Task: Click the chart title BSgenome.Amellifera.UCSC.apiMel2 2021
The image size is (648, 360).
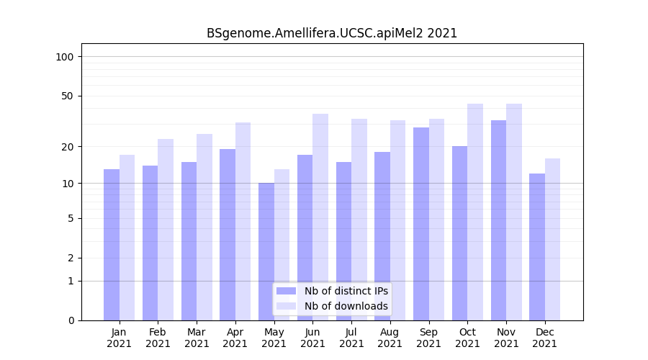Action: pyautogui.click(x=332, y=33)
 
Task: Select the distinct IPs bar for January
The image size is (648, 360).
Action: pyautogui.click(x=112, y=245)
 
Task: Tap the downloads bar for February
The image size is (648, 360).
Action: pyautogui.click(x=166, y=230)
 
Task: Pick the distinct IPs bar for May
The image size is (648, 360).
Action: pyautogui.click(x=266, y=251)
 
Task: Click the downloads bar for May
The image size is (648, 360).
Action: pyautogui.click(x=282, y=245)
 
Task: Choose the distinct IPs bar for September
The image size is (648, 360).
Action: pyautogui.click(x=421, y=224)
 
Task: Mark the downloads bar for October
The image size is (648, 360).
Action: pyautogui.click(x=475, y=212)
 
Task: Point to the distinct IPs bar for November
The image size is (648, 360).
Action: pyautogui.click(x=498, y=220)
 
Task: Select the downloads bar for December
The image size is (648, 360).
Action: pyautogui.click(x=552, y=239)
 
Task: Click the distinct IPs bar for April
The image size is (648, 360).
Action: pyautogui.click(x=228, y=235)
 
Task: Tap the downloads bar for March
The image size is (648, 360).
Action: pyautogui.click(x=204, y=227)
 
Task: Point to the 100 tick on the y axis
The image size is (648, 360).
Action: pyautogui.click(x=65, y=57)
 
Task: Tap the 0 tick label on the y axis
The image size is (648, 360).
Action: pyautogui.click(x=71, y=320)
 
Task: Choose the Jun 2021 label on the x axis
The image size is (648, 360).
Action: pyautogui.click(x=312, y=338)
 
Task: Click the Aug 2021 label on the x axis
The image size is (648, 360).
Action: pyautogui.click(x=390, y=338)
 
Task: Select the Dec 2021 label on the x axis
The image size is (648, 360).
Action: pyautogui.click(x=544, y=338)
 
